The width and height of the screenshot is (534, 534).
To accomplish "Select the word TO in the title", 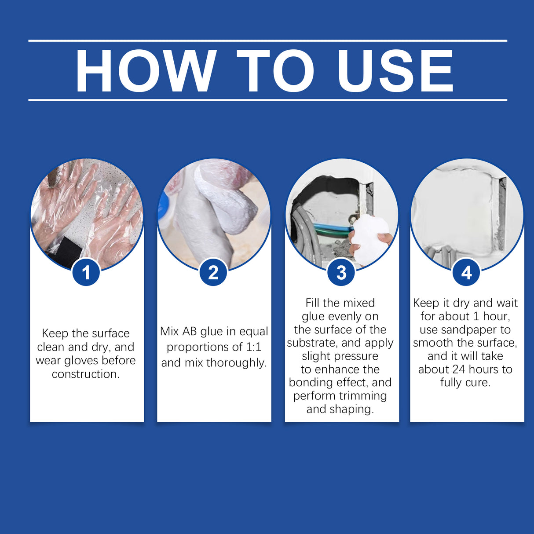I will tap(275, 71).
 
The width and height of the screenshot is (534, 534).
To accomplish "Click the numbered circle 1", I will tap(86, 272).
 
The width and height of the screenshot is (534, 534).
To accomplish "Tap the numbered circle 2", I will tap(213, 272).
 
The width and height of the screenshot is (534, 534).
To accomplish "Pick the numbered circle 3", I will tap(341, 272).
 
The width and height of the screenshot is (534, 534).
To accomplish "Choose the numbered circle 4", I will tap(466, 272).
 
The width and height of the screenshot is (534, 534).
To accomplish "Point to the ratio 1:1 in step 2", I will tap(253, 347).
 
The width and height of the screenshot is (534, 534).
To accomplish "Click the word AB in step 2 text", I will tap(190, 331).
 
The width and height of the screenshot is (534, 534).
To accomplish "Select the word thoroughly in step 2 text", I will tap(236, 363).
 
